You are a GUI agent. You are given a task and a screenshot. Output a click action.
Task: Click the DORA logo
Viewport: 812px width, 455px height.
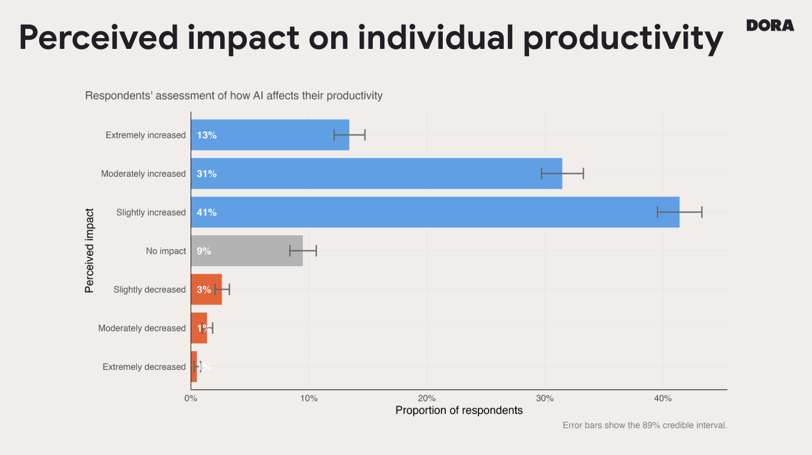point(770,25)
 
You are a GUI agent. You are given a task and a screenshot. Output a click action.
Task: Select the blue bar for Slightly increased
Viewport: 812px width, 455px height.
point(434,212)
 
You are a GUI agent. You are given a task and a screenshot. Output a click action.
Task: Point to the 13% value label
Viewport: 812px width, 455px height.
point(206,135)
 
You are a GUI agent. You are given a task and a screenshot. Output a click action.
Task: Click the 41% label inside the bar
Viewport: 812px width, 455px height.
point(206,212)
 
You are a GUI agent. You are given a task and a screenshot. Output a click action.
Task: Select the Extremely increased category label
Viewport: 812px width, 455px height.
point(145,135)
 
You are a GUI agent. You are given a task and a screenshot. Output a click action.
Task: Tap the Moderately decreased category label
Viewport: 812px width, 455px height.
point(142,328)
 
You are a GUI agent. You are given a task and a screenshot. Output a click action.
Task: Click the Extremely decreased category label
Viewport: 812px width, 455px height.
point(144,367)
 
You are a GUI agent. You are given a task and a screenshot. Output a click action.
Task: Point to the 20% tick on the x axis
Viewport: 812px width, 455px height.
point(427,398)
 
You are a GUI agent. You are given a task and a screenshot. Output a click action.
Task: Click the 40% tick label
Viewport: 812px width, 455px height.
point(662,398)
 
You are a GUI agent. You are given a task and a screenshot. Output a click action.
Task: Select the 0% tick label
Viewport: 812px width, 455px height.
point(191,398)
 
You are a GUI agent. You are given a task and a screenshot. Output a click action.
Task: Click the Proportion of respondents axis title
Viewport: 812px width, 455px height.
point(458,410)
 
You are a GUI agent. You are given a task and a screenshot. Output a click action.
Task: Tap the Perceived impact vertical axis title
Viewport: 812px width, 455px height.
point(89,250)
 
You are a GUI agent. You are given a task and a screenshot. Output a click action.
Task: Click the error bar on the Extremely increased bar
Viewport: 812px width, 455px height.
point(349,135)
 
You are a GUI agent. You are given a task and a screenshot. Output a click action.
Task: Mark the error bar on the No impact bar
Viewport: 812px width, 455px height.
point(303,250)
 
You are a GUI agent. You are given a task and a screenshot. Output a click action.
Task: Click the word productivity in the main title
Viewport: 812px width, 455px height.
point(623,37)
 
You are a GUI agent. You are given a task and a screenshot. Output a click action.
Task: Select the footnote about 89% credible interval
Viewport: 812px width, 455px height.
point(644,425)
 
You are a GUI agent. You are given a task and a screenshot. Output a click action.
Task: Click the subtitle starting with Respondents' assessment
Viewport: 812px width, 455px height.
point(233,95)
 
